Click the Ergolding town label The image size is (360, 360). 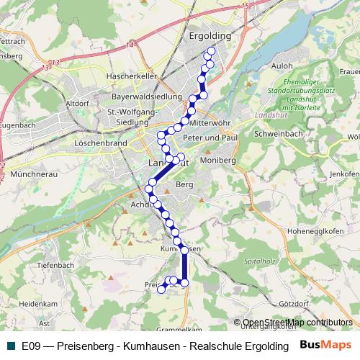coord(210,35)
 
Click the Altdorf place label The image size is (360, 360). coord(77,104)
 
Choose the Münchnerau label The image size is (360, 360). coord(33,174)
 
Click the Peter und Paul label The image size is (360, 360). coord(210,138)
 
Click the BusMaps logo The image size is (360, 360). coord(326,345)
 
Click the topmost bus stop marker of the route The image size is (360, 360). coord(211,52)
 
